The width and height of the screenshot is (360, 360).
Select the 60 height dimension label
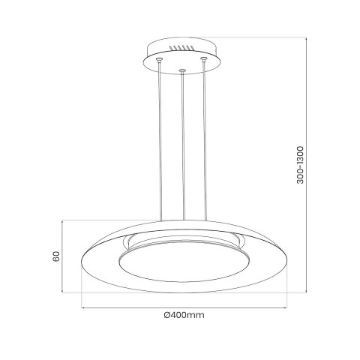55,257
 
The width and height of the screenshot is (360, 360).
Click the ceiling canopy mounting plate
181,57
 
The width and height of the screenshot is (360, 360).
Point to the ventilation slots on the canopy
180,50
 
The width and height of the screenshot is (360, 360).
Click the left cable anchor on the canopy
159,59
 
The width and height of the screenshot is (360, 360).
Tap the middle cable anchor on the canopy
182,72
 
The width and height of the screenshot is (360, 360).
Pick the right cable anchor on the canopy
202,58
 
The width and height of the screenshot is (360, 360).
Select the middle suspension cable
182,150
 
